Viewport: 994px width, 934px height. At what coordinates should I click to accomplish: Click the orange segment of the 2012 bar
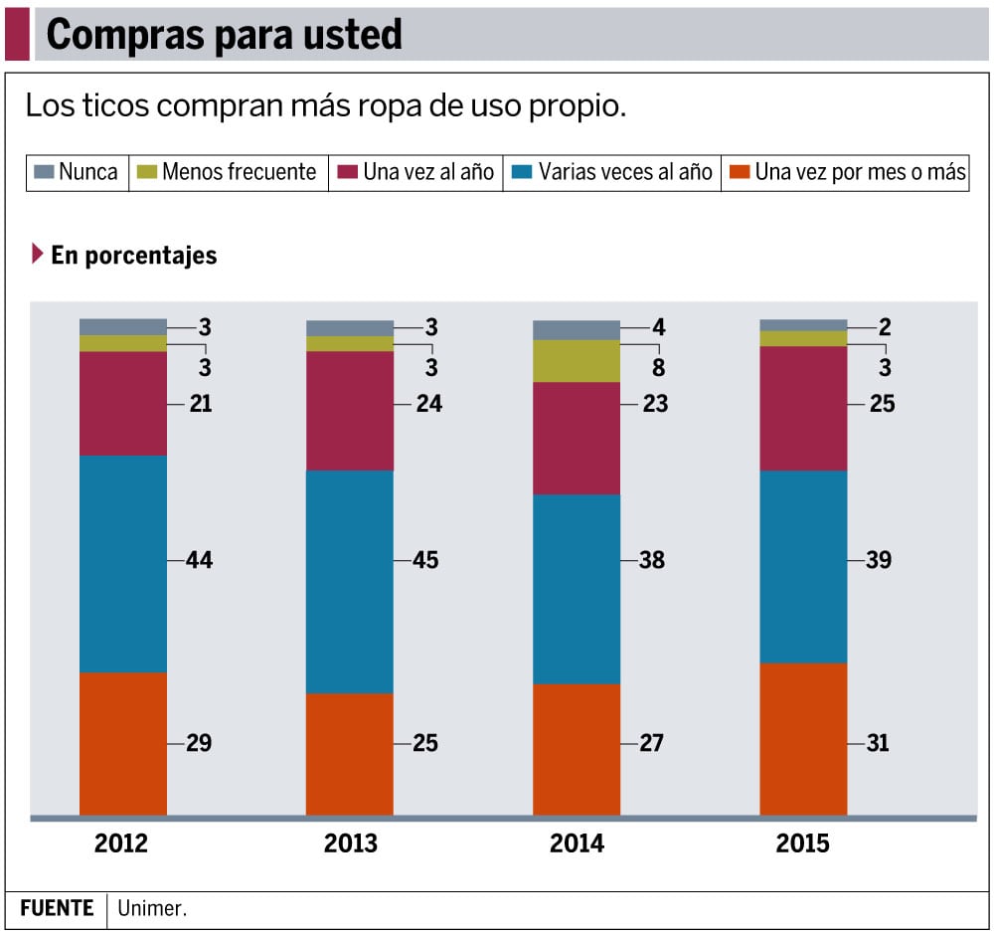click(123, 743)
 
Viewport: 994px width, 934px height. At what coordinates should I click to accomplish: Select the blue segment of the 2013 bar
click(349, 581)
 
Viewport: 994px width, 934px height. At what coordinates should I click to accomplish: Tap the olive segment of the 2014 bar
click(577, 361)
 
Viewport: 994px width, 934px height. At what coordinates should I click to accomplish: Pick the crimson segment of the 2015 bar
click(803, 408)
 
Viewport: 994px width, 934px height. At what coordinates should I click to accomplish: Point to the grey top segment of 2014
click(577, 329)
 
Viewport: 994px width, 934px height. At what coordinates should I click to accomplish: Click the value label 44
click(199, 560)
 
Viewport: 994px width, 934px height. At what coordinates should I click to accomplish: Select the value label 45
click(425, 560)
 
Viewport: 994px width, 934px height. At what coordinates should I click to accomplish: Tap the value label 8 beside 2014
click(658, 368)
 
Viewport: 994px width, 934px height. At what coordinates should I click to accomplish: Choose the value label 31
click(878, 743)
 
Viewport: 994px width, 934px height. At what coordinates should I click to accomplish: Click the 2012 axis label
click(121, 844)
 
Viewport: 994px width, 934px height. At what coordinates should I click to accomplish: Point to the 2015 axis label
click(802, 844)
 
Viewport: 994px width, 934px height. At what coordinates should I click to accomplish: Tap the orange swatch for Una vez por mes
click(739, 172)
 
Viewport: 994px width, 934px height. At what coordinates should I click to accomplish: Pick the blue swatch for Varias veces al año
click(521, 172)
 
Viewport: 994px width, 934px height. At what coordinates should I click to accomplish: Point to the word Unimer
click(152, 908)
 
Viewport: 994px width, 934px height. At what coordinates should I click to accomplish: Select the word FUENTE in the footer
click(57, 908)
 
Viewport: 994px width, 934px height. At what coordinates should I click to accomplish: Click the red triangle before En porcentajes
click(38, 255)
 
